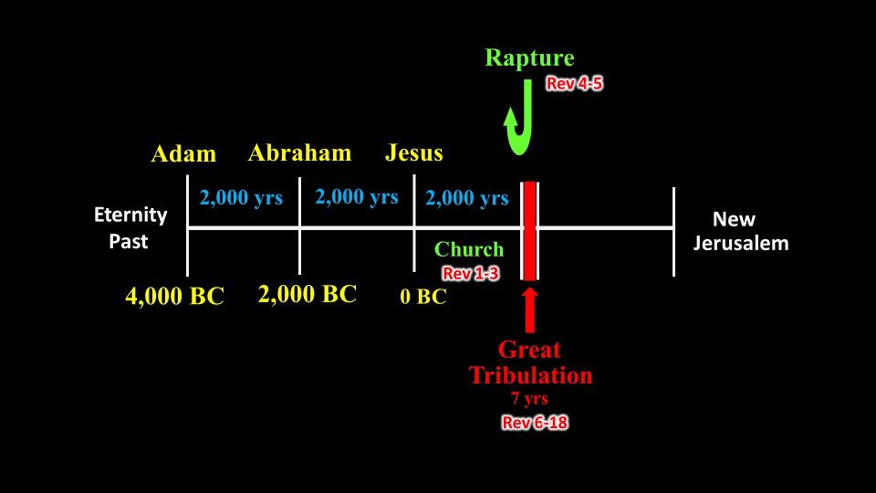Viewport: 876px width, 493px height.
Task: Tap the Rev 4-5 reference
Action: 574,83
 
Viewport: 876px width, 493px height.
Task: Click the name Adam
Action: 183,153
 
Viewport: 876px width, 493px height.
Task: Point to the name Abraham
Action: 299,152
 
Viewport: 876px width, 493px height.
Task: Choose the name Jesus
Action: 414,152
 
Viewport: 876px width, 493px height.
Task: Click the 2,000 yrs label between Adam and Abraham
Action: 241,198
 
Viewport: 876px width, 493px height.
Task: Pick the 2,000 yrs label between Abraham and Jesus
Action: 357,197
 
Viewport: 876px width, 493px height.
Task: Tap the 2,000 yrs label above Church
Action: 467,198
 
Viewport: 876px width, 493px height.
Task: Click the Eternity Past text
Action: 130,228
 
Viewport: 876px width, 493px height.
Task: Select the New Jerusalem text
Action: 741,231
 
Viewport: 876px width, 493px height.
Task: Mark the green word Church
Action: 469,249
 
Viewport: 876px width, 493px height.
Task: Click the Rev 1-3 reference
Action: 471,273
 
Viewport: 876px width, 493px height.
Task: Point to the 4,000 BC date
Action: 175,296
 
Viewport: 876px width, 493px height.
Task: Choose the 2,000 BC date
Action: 308,294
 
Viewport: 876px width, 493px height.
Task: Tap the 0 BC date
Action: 423,297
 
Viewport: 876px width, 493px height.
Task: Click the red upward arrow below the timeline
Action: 529,310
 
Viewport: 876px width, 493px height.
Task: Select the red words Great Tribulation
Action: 530,362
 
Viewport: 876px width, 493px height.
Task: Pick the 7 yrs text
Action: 529,399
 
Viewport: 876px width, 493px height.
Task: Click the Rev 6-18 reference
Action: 535,423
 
